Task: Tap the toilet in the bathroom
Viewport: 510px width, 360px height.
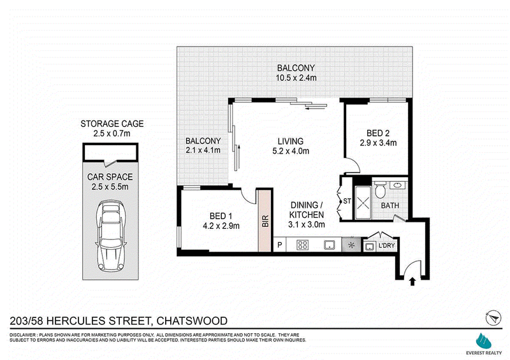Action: tap(379, 190)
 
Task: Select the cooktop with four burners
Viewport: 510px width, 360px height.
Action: tap(302, 245)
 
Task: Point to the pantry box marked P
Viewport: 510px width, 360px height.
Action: tap(279, 245)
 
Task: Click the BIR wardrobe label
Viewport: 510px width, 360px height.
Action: tap(265, 221)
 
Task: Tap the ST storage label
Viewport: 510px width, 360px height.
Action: tap(347, 201)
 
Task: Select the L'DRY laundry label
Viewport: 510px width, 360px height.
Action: tap(386, 245)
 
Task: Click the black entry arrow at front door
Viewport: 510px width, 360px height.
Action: tap(412, 281)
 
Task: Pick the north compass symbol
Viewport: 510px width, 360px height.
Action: tap(493, 318)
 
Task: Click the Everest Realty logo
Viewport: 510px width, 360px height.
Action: tap(484, 344)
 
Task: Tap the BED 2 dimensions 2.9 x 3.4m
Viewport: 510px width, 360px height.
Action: tap(378, 143)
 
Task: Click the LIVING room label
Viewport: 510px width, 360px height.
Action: tap(291, 141)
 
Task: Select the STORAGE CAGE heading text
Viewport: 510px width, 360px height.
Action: tap(112, 124)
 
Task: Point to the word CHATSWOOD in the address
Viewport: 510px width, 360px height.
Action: tap(192, 321)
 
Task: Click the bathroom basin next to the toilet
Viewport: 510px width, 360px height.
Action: tap(397, 185)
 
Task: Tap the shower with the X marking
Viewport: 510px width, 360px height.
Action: tap(363, 203)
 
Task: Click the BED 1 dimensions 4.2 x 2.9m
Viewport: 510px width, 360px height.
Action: tap(221, 226)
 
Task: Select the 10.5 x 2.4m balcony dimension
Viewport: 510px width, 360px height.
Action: tap(296, 78)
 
